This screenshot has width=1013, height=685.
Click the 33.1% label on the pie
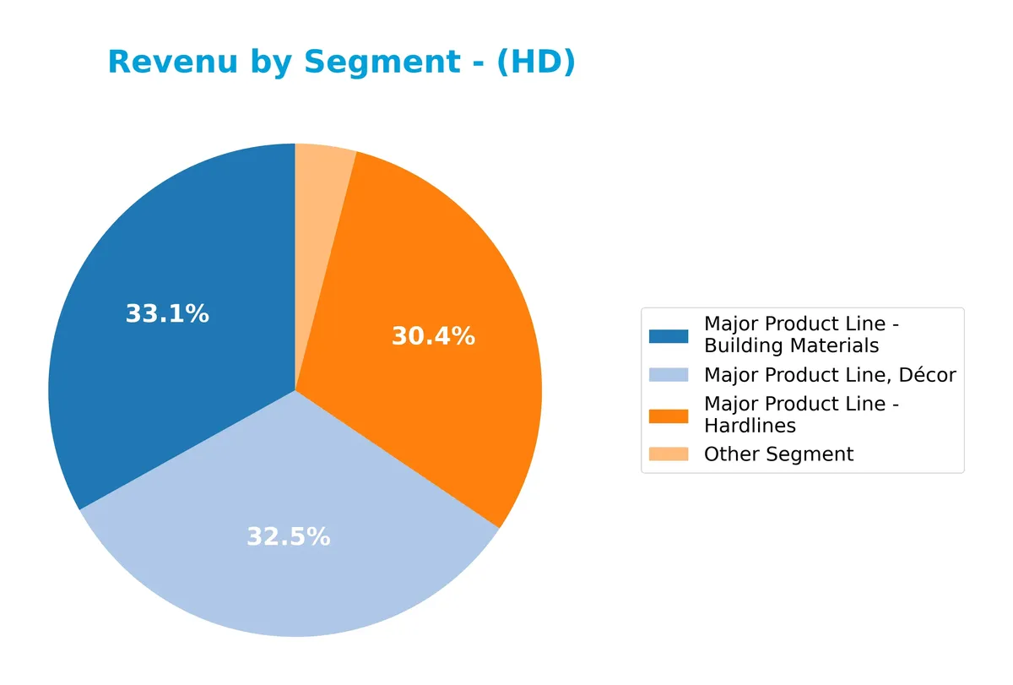click(167, 314)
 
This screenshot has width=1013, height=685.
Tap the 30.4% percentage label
click(433, 337)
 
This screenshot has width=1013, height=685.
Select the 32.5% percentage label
click(288, 536)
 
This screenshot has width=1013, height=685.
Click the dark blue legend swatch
click(668, 335)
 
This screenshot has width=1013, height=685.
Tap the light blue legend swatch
click(668, 375)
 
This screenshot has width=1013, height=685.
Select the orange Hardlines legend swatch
click(668, 416)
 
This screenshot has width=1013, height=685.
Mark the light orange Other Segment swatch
click(668, 454)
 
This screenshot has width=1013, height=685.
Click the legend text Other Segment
click(778, 454)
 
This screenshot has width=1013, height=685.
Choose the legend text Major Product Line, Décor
click(830, 375)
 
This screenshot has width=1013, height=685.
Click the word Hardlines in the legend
click(750, 426)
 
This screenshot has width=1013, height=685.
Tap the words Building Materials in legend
click(791, 345)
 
